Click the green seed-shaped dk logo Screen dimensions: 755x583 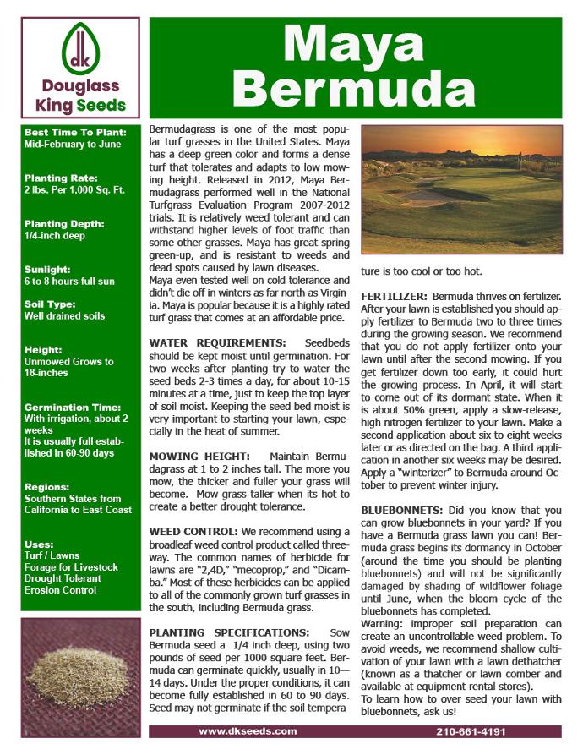[80, 50]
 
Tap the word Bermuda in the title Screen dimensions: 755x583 [354, 86]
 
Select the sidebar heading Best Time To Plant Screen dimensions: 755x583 [76, 133]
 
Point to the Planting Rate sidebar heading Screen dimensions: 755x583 [61, 178]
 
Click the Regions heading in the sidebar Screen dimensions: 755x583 [47, 487]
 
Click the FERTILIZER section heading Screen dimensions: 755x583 [395, 297]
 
